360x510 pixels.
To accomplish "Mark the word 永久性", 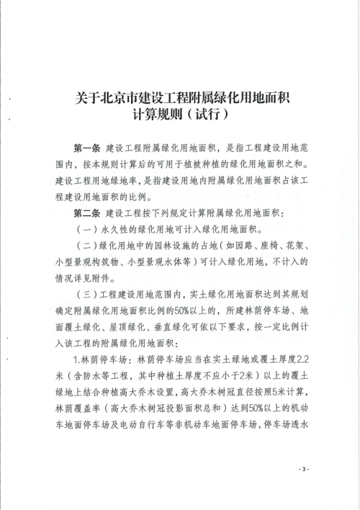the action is pyautogui.click(x=117, y=231).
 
